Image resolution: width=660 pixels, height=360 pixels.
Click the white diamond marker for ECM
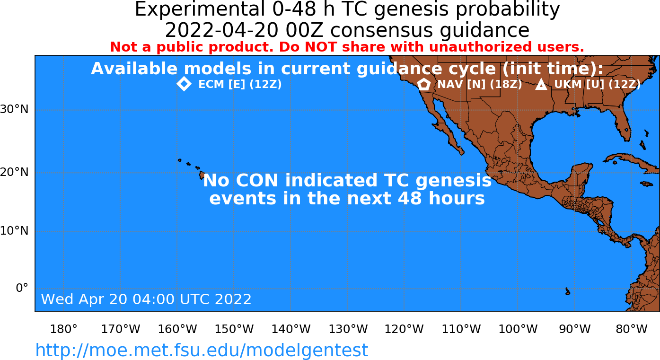click(184, 84)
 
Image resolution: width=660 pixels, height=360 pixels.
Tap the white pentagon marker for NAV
click(424, 84)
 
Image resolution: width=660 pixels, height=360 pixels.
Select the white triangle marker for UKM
click(541, 84)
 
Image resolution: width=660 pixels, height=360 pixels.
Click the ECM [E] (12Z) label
click(240, 85)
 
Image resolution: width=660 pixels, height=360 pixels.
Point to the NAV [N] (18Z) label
click(480, 85)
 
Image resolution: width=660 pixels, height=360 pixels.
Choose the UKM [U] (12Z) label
click(598, 85)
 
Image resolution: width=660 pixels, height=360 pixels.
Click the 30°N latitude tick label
click(14, 109)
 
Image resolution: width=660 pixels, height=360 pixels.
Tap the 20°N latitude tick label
click(14, 172)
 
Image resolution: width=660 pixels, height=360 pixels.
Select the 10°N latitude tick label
click(14, 231)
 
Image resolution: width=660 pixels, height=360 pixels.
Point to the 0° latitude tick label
click(22, 288)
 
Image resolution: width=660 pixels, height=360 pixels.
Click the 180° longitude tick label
click(64, 329)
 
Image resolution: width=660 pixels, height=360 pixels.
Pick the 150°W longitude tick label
click(234, 329)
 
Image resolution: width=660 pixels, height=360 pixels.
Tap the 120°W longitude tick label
click(404, 329)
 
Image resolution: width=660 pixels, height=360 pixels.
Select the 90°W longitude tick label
click(575, 329)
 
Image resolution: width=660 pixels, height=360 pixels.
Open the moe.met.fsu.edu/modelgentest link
click(202, 351)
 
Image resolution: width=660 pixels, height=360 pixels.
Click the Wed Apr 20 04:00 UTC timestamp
click(146, 299)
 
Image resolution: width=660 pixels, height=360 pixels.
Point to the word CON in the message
click(257, 180)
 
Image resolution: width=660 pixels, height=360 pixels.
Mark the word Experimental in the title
click(200, 9)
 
